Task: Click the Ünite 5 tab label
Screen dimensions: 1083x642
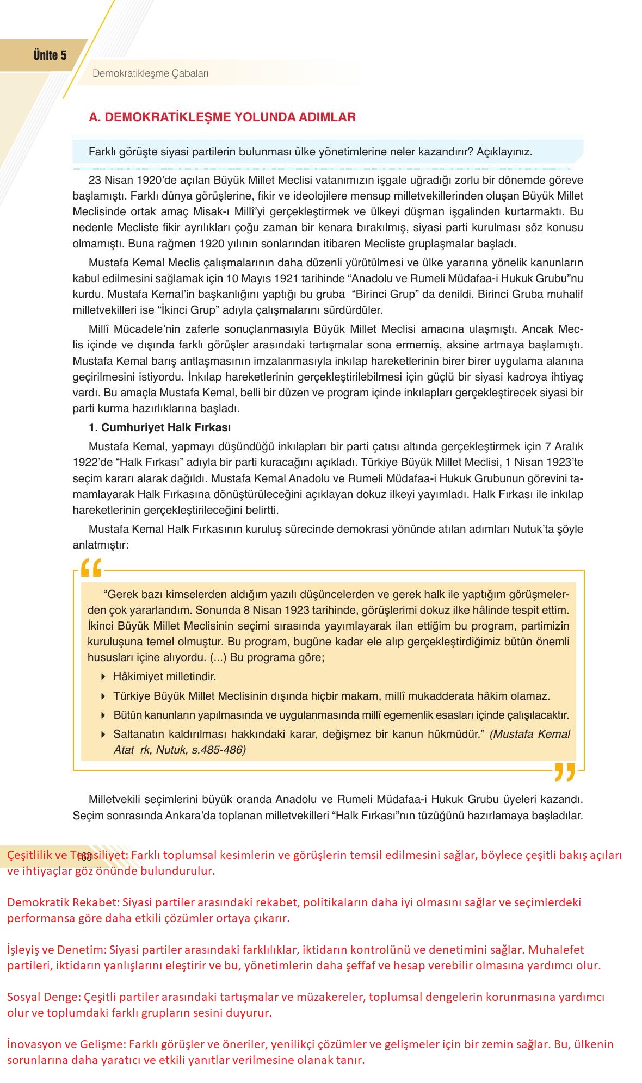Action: tap(50, 55)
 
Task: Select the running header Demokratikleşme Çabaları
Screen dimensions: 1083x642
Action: tap(150, 73)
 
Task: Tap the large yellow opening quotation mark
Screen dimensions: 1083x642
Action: tap(91, 568)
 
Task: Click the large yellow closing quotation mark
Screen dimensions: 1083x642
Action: tap(564, 772)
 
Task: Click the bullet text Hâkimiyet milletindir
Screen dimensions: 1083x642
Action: tap(164, 677)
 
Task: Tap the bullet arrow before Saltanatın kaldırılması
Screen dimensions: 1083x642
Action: tap(103, 734)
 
